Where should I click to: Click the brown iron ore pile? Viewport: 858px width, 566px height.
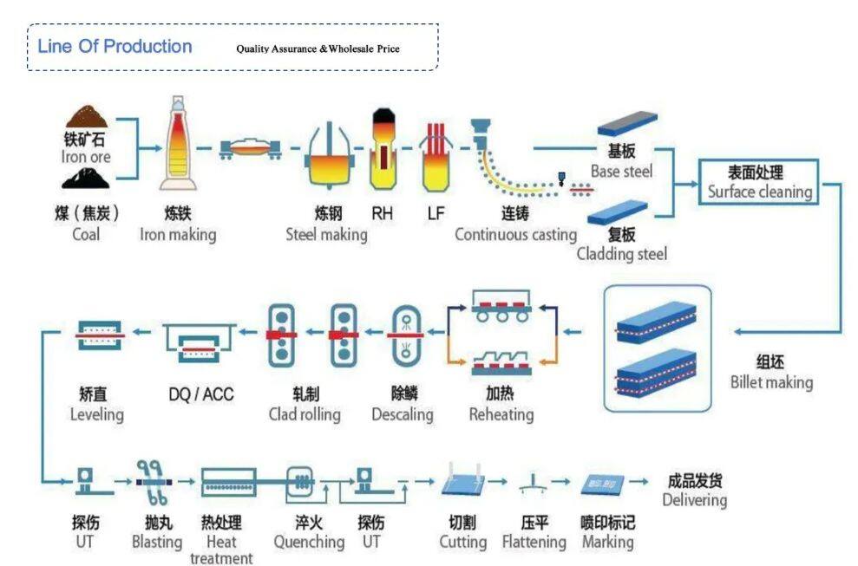click(x=87, y=118)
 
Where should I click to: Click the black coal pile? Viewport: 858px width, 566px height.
click(x=88, y=179)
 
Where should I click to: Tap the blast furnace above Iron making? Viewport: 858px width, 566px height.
click(x=179, y=144)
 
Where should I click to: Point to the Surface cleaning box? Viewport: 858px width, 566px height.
click(x=759, y=182)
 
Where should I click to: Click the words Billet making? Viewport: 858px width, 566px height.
click(x=771, y=382)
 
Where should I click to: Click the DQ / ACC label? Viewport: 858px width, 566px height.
click(x=201, y=394)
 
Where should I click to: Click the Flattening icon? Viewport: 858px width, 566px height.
click(x=533, y=485)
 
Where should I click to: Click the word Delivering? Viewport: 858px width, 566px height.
click(x=694, y=500)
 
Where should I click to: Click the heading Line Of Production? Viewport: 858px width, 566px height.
click(x=115, y=47)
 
